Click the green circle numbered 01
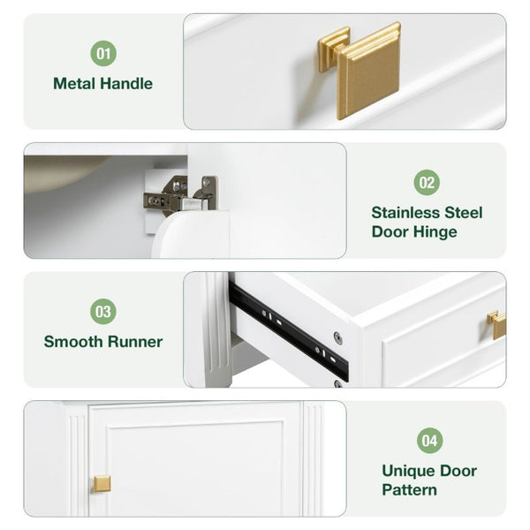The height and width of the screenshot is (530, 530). (103, 53)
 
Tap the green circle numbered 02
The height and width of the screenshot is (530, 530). (427, 183)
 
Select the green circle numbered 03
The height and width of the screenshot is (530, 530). (103, 311)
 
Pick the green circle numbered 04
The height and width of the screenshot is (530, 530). (429, 441)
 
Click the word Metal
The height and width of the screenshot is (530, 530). (75, 84)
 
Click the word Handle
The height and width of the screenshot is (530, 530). (126, 84)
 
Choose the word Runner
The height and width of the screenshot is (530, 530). (135, 342)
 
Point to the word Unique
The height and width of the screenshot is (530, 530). (405, 471)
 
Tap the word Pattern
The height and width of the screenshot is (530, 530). (409, 490)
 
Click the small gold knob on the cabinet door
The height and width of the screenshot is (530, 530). (102, 484)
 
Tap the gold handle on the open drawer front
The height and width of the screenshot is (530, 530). (496, 324)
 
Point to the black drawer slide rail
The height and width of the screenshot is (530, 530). (288, 329)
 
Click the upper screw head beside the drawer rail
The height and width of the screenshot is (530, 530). (337, 338)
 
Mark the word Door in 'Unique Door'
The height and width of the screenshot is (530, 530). (455, 471)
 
